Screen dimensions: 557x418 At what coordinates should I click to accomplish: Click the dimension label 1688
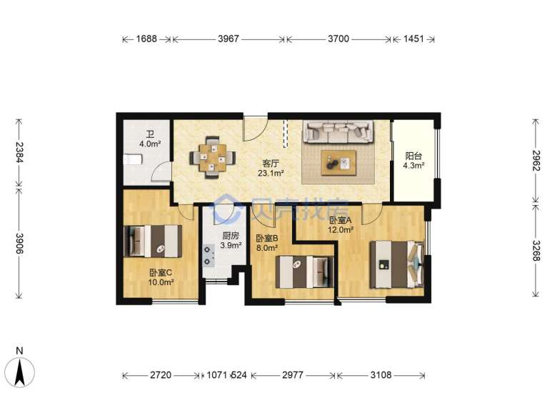[x=146, y=39]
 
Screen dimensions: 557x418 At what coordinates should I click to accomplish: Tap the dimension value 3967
[x=229, y=39]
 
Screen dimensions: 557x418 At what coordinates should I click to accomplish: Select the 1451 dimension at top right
[x=414, y=39]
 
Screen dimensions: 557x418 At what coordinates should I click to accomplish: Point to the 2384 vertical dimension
[x=19, y=152]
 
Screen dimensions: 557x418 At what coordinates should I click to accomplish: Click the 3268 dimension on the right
[x=536, y=251]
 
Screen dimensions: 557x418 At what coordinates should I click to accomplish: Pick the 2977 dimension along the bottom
[x=293, y=375]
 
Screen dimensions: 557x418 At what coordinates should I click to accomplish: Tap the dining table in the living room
[x=212, y=157]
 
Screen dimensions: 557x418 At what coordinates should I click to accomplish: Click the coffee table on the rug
[x=338, y=163]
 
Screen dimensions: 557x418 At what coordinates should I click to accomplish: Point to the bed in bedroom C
[x=153, y=242]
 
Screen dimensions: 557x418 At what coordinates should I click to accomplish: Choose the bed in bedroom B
[x=304, y=272]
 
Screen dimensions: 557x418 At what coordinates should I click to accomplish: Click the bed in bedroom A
[x=397, y=264]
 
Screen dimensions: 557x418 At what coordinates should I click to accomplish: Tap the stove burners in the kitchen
[x=208, y=255]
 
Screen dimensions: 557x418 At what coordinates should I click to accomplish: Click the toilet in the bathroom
[x=133, y=159]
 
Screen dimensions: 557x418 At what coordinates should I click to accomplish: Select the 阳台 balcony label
[x=413, y=156]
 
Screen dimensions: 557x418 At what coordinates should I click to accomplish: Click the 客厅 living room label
[x=271, y=164]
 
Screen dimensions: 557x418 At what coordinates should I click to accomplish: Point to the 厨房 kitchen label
[x=231, y=236]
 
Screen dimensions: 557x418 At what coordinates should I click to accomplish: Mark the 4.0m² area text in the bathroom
[x=150, y=144]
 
